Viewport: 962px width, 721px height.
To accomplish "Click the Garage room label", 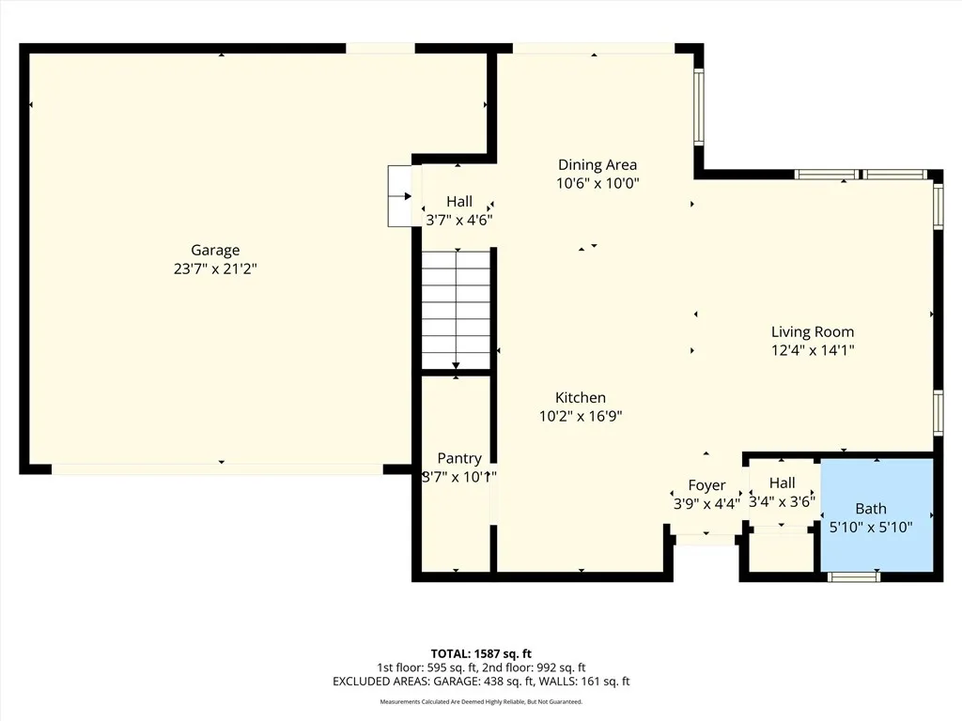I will pos(215,250).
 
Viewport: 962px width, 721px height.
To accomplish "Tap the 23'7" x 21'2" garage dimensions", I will pos(215,268).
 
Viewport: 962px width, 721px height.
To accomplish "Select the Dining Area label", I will pos(597,165).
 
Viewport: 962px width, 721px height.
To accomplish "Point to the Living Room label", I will pos(813,331).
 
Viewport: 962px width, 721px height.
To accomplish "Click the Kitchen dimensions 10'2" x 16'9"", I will pos(581,416).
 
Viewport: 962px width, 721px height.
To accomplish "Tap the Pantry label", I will pos(459,458).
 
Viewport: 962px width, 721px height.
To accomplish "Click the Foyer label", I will pos(706,485).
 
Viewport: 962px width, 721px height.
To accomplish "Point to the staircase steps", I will pos(456,310).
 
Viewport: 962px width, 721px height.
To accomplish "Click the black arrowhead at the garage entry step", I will pos(407,196).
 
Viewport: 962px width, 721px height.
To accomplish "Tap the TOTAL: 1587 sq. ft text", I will pos(481,653).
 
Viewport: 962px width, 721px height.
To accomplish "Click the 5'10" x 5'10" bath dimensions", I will pos(871,528).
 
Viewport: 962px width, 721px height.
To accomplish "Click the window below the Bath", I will pos(854,576).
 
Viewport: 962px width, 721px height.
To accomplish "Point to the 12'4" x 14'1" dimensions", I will pos(813,350).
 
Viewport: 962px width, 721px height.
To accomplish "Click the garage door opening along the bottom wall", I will pos(217,468).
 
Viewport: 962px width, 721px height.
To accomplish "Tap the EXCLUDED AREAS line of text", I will pos(481,682).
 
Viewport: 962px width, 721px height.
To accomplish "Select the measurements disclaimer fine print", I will pos(481,702).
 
